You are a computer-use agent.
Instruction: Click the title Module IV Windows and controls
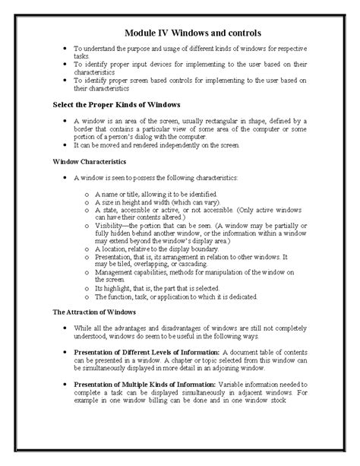(192, 33)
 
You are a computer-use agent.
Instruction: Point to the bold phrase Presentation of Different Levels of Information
(145, 352)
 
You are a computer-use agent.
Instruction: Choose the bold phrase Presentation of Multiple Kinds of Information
(145, 384)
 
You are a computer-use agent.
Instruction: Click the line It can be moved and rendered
(156, 144)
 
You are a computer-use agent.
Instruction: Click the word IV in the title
(162, 33)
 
